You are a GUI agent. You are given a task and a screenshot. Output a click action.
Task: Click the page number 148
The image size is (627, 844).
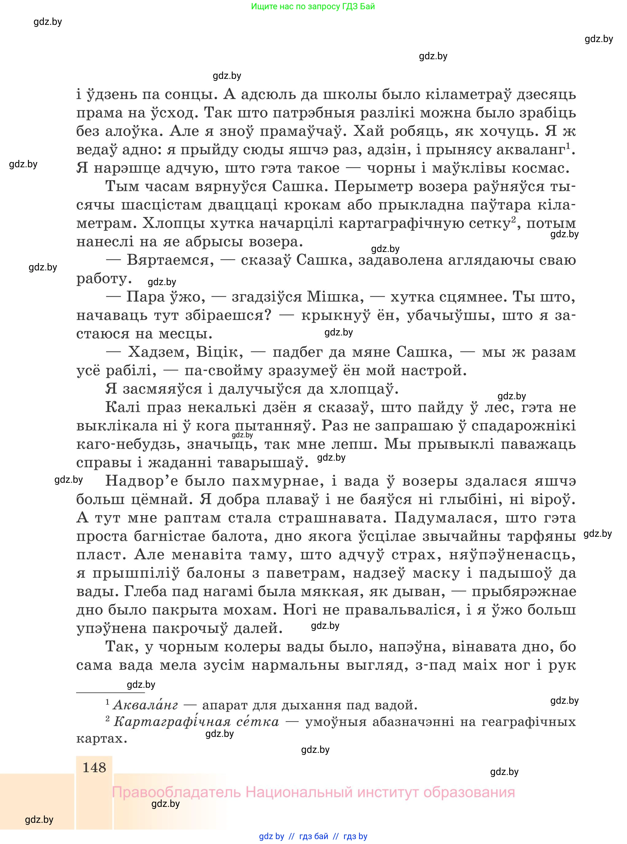94,767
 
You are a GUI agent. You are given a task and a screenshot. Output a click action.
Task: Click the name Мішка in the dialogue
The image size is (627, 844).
332,297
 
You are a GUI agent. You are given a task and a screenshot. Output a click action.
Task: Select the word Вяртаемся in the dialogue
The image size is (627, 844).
168,260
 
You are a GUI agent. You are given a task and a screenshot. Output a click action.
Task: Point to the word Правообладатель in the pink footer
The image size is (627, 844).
176,792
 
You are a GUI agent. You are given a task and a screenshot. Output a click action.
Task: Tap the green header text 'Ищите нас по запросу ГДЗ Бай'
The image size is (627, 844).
313,6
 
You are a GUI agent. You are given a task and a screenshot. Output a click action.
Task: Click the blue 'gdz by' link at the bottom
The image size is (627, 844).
271,836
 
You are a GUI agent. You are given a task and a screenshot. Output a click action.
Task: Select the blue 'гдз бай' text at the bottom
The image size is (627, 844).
314,836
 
